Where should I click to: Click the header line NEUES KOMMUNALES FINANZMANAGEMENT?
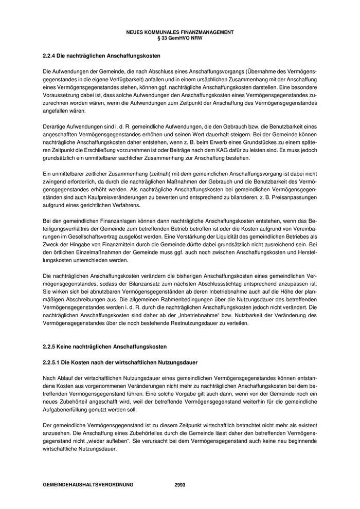tap(179, 32)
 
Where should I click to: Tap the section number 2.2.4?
tap(50, 55)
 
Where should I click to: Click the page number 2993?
tap(180, 484)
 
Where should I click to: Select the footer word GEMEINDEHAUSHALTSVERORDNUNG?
tap(88, 484)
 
